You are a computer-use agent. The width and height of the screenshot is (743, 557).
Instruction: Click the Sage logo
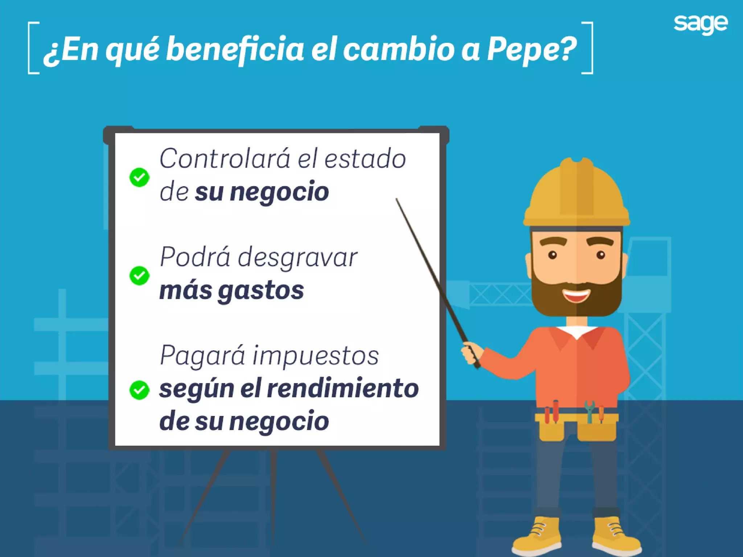pos(701,24)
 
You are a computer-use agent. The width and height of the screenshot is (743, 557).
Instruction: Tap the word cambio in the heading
pos(398,49)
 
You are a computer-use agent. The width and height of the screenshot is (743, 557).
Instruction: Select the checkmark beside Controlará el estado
pos(139,177)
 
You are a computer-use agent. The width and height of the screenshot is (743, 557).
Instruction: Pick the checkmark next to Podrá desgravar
pos(139,276)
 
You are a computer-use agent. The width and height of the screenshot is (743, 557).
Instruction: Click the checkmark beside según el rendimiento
pos(139,390)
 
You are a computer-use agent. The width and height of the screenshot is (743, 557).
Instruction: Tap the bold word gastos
pos(261,291)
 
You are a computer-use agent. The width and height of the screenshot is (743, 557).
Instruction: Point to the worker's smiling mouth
pos(576,296)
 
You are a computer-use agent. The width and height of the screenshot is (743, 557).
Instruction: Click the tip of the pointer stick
pos(397,200)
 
